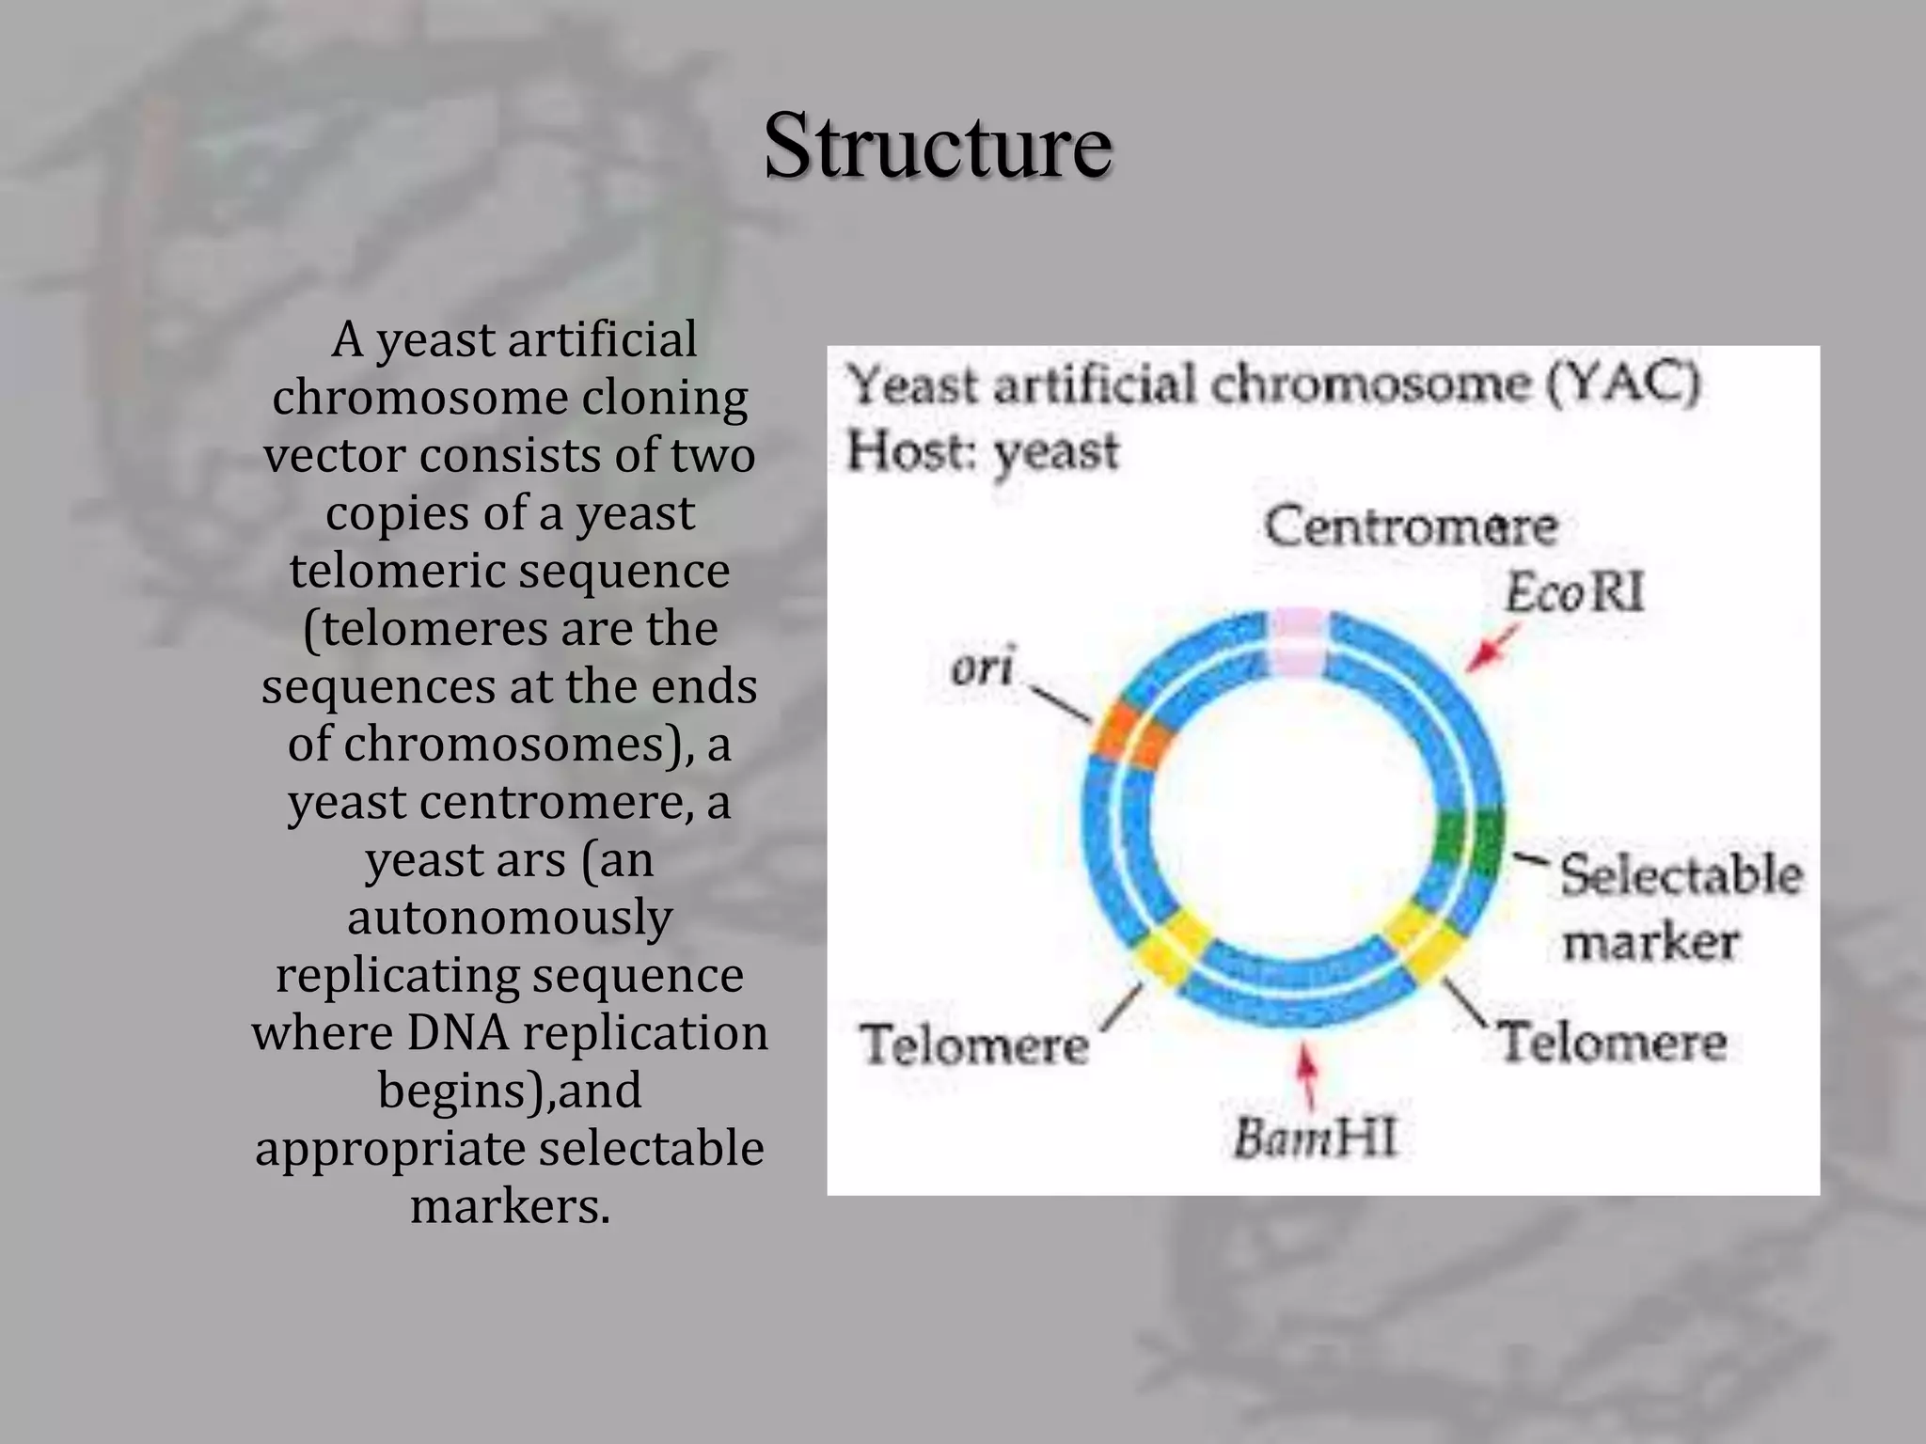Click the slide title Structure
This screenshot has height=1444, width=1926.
click(x=937, y=146)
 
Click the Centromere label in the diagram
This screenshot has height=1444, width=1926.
click(x=1410, y=527)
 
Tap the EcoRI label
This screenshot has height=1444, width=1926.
click(x=1574, y=594)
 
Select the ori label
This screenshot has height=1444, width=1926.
click(x=982, y=668)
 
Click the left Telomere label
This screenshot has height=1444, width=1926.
click(x=973, y=1045)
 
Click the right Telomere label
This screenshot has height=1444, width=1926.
click(x=1612, y=1043)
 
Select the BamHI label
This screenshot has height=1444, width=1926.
click(x=1315, y=1138)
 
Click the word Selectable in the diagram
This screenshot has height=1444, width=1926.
click(x=1681, y=875)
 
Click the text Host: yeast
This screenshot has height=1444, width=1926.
click(x=983, y=452)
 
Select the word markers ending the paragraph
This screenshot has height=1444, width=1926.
click(x=510, y=1206)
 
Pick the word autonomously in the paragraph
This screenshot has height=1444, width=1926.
click(x=510, y=918)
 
